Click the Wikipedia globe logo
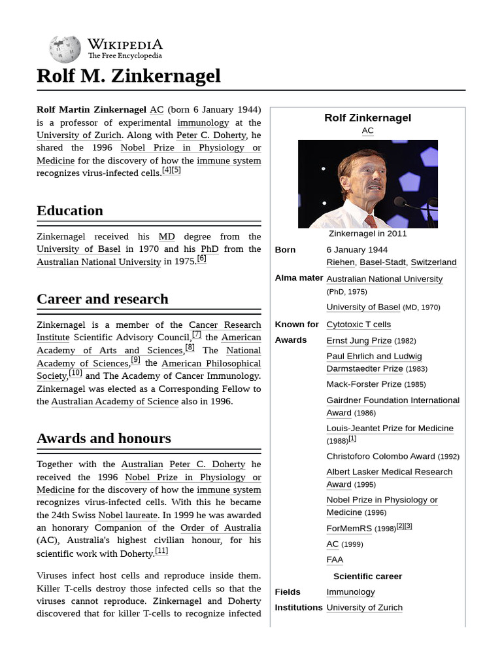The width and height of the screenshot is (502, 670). click(64, 49)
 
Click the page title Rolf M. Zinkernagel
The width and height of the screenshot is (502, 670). click(129, 76)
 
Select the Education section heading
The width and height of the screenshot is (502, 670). click(70, 211)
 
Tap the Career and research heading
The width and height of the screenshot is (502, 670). click(103, 299)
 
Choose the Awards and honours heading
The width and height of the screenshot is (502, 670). click(104, 438)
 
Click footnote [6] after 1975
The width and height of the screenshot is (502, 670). click(201, 258)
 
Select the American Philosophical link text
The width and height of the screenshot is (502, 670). click(211, 363)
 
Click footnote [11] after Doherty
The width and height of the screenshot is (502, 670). click(161, 551)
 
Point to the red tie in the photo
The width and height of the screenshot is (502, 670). click(371, 221)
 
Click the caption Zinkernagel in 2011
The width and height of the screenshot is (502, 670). click(367, 234)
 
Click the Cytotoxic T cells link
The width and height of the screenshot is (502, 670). click(358, 325)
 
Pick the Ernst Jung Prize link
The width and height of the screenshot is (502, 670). click(359, 340)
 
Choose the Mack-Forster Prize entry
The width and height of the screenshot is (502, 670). click(364, 384)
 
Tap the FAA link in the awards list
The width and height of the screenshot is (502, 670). click(335, 560)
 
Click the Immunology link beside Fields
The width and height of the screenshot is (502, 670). click(350, 592)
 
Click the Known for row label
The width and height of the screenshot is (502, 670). click(297, 325)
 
